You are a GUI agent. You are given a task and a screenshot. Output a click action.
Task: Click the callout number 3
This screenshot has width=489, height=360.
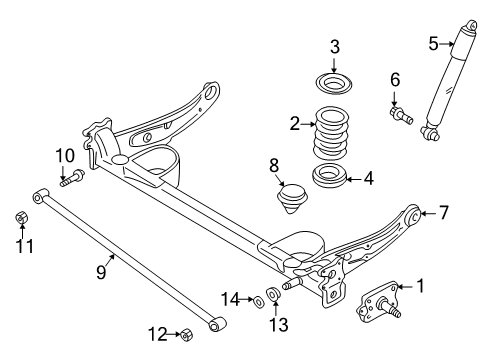(x=335, y=47)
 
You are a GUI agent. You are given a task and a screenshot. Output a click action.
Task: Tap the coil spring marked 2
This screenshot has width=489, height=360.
(x=332, y=133)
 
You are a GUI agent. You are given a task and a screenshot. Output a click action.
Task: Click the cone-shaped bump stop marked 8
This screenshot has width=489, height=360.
(x=293, y=198)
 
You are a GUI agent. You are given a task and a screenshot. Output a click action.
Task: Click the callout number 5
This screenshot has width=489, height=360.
(x=433, y=44)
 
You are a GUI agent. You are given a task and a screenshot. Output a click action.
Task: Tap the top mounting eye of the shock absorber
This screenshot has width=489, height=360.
(x=471, y=26)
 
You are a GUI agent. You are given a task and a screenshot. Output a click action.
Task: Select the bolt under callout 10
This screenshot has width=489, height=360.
(x=72, y=178)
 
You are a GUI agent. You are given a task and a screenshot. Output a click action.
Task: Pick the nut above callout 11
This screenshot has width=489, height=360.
(x=22, y=218)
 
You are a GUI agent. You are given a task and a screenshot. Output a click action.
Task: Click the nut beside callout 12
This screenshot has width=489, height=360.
(x=187, y=334)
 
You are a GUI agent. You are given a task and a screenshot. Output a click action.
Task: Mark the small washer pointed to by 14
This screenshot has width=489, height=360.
(x=258, y=301)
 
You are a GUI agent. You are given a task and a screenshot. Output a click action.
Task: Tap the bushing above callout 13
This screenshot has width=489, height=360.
(x=274, y=293)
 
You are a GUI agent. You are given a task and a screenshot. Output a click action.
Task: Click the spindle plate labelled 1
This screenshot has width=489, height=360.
(x=378, y=304)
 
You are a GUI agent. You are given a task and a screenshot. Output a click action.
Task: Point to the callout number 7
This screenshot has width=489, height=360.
(x=443, y=212)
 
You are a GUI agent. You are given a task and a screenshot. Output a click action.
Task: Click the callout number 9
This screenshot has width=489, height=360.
(x=101, y=272)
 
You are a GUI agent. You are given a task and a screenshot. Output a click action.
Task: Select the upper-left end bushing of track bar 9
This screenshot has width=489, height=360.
(x=41, y=196)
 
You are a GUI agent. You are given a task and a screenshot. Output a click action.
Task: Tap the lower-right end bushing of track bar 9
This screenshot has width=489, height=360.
(x=217, y=323)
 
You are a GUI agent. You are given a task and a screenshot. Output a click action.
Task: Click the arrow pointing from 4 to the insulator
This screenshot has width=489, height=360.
(x=355, y=179)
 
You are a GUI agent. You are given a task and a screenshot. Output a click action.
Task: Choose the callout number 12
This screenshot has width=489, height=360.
(x=158, y=334)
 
